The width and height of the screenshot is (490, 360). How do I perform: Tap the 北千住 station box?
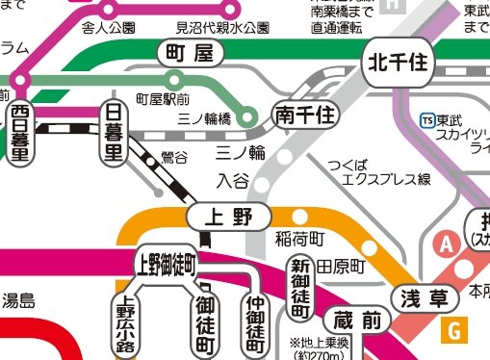(x=399, y=65)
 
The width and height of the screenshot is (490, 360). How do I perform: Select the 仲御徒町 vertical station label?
(x=254, y=319)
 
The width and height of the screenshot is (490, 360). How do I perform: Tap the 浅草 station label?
(x=424, y=298)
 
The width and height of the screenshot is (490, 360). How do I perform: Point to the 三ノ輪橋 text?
(x=204, y=116)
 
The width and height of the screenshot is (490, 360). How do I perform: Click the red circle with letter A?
(x=446, y=244)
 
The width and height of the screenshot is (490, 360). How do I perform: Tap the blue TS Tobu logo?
(x=427, y=120)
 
